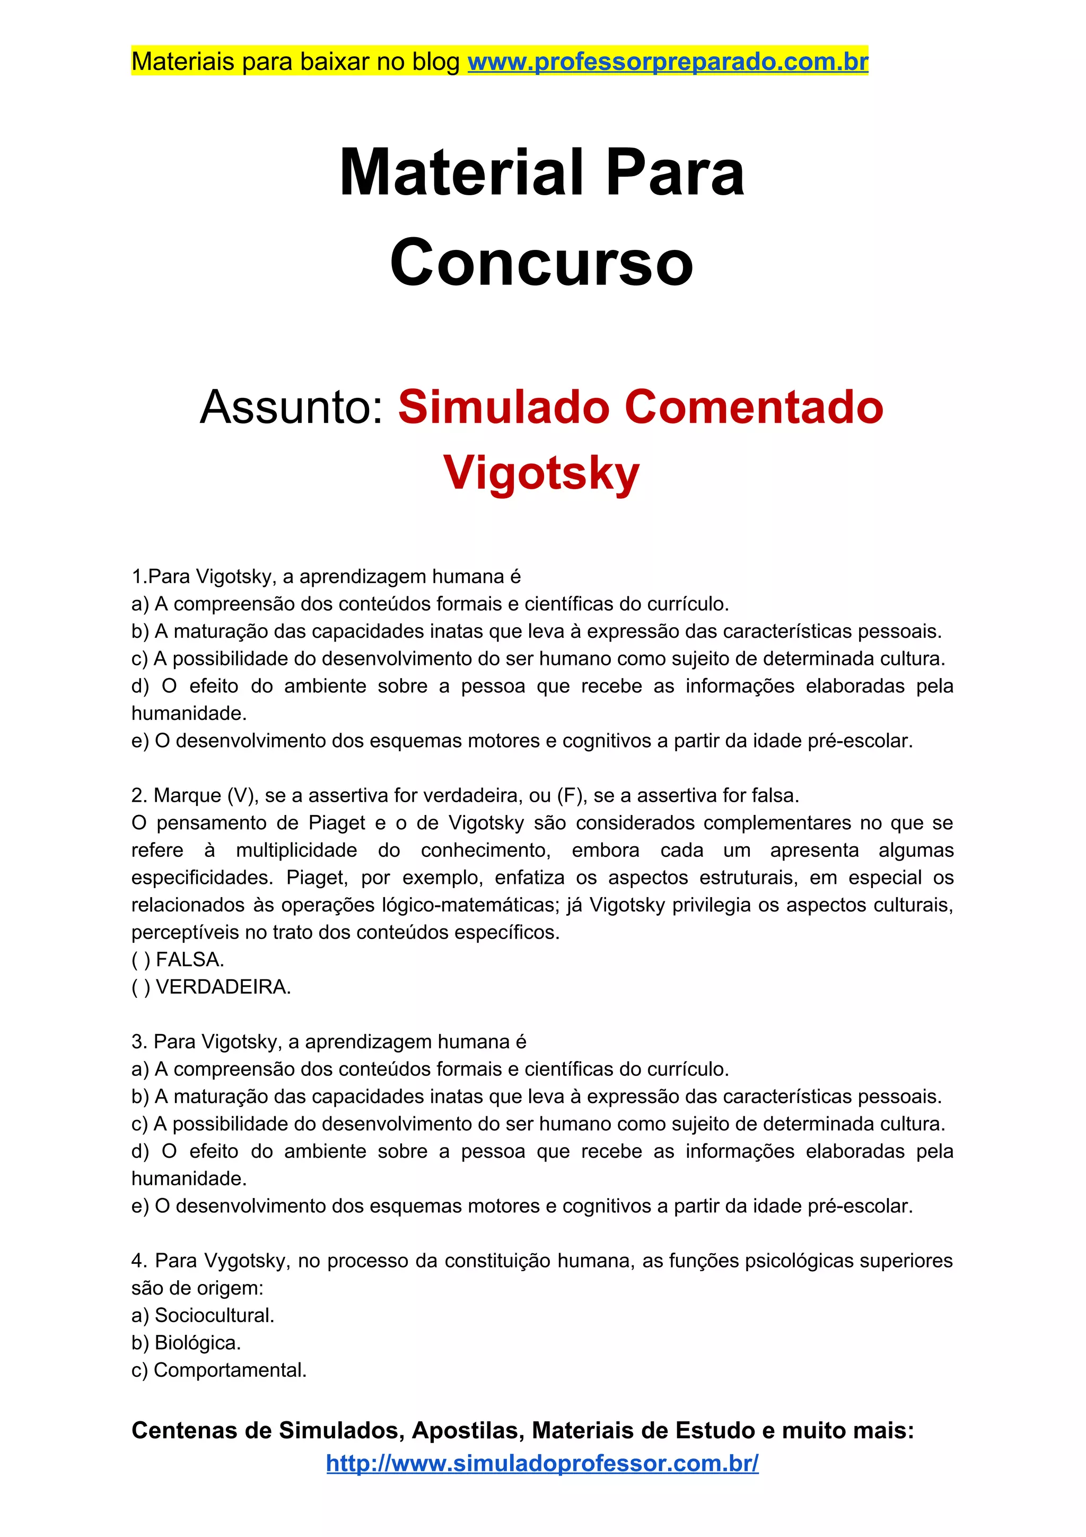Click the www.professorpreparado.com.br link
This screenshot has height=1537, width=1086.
[x=667, y=62]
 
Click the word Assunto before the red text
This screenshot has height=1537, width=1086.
[x=292, y=407]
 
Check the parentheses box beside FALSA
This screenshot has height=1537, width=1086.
[x=141, y=960]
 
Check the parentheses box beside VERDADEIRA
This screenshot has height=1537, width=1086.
[x=141, y=987]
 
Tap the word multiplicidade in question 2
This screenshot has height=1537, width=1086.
[x=296, y=850]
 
